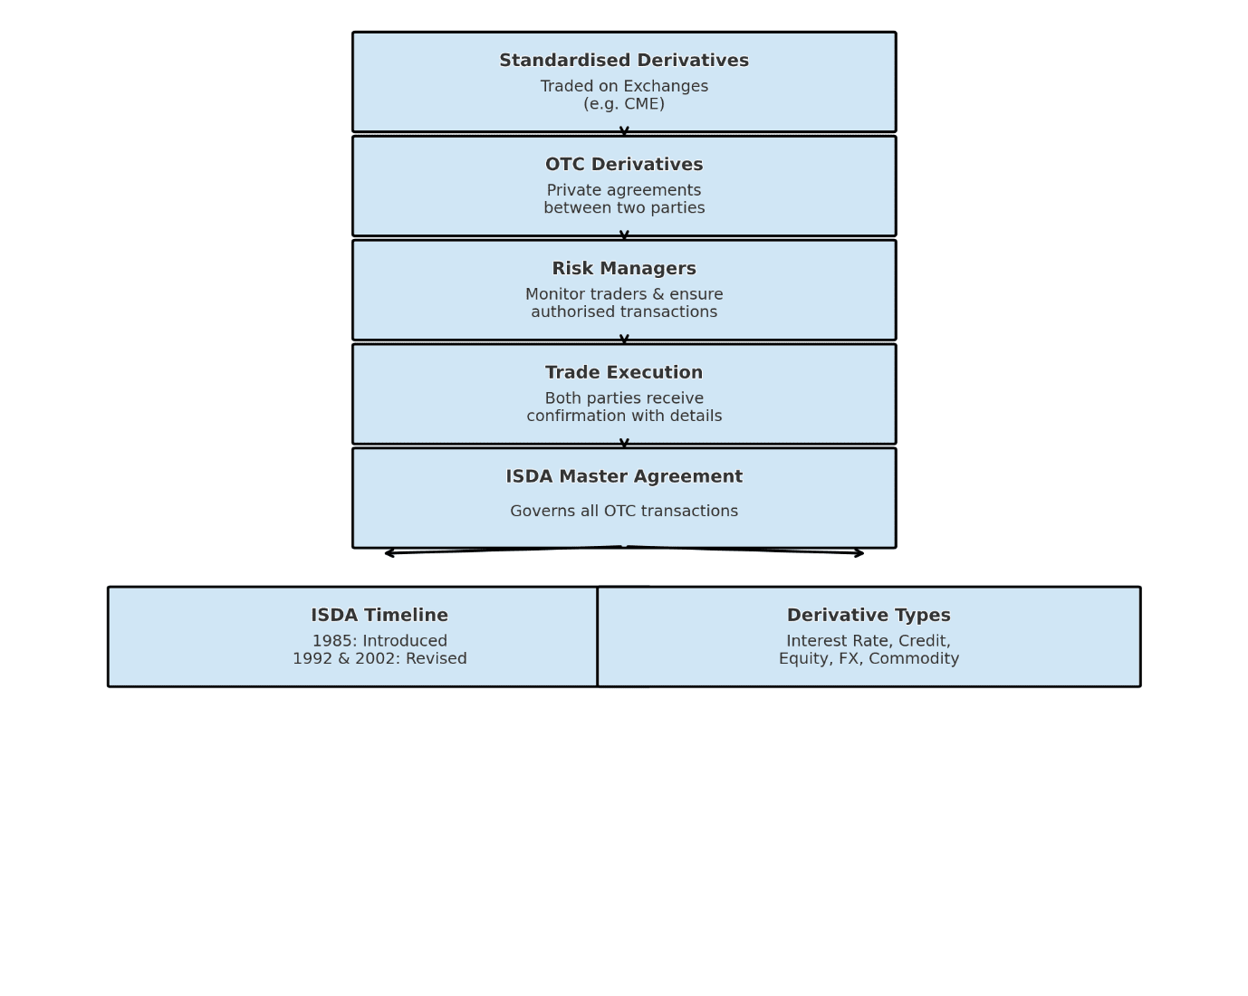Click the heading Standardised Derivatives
pyautogui.click(x=624, y=61)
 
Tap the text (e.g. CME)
pyautogui.click(x=624, y=104)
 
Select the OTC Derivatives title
pyautogui.click(x=624, y=165)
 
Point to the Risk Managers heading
pyautogui.click(x=624, y=269)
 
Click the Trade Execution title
pyautogui.click(x=624, y=373)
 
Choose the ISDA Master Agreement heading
pyautogui.click(x=624, y=477)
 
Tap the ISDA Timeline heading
pyautogui.click(x=379, y=616)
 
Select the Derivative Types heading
pyautogui.click(x=869, y=616)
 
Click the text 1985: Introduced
pyautogui.click(x=379, y=641)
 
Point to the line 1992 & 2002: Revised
pyautogui.click(x=379, y=659)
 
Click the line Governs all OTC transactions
pyautogui.click(x=624, y=512)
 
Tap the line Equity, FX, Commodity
pyautogui.click(x=869, y=659)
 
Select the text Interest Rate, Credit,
pyautogui.click(x=869, y=641)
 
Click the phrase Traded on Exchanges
pyautogui.click(x=624, y=87)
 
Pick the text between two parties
pyautogui.click(x=624, y=208)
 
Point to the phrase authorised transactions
pyautogui.click(x=624, y=312)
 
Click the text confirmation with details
pyautogui.click(x=624, y=417)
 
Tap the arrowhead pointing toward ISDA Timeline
pyautogui.click(x=389, y=553)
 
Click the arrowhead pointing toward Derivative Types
pyautogui.click(x=859, y=553)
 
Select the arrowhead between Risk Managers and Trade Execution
pyautogui.click(x=624, y=340)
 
